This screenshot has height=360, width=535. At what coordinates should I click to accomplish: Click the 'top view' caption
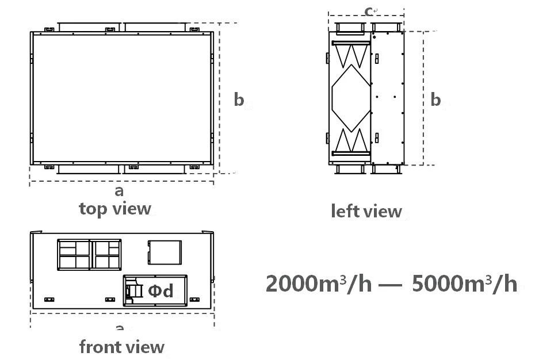115,209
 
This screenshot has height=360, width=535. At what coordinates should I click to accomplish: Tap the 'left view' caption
366,211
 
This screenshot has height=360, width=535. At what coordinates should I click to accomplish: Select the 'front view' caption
122,347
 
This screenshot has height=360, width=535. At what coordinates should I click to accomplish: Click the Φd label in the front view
160,291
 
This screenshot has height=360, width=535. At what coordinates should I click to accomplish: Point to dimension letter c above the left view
368,12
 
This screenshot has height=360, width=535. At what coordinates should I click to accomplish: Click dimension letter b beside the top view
239,99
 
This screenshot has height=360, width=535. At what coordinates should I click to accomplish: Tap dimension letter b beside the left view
435,99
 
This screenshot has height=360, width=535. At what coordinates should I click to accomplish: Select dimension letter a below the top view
119,191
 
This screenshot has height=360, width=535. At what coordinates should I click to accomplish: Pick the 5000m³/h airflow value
464,284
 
